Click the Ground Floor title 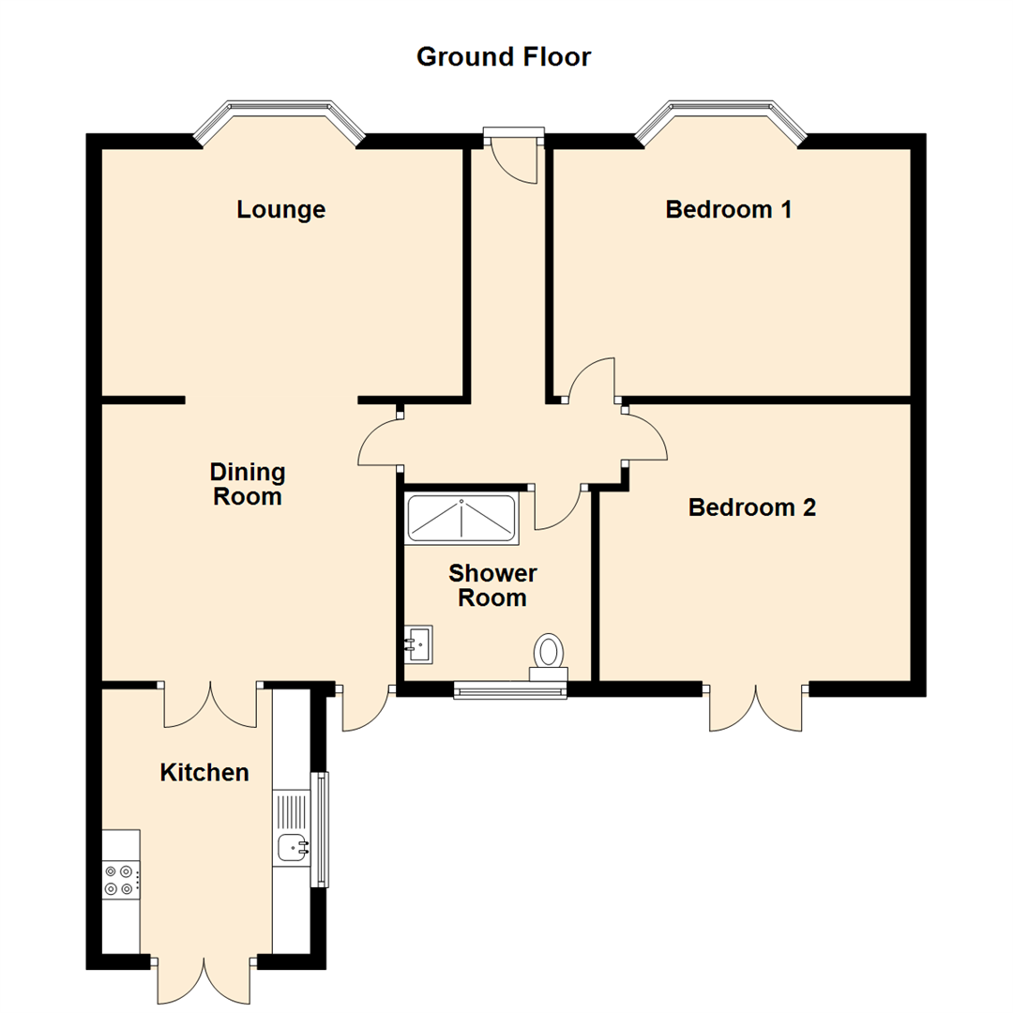[x=504, y=57]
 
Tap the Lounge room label [x=281, y=210]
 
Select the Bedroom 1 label [x=729, y=209]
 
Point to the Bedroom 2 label [x=752, y=507]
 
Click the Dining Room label [x=248, y=485]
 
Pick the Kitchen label [x=204, y=773]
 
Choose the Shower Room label [x=492, y=585]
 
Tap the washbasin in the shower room [x=418, y=644]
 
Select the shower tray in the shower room [x=461, y=519]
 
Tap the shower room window [x=509, y=690]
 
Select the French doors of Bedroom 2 [x=756, y=707]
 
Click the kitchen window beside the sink [x=320, y=829]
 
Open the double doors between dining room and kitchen [x=211, y=704]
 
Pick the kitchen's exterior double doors [x=204, y=979]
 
